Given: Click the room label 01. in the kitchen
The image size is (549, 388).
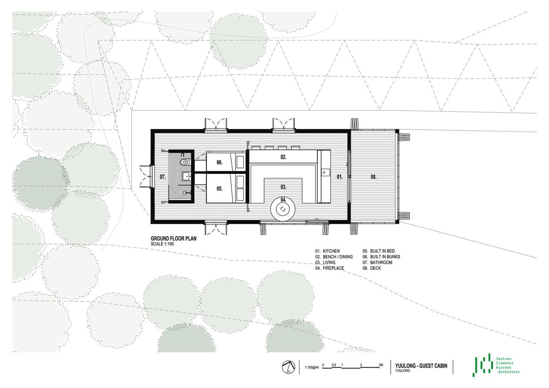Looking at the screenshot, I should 339,177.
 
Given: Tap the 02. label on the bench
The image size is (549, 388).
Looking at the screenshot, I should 283,157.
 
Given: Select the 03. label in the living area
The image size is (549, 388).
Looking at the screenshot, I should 283,186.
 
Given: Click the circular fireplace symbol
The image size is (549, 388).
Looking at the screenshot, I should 284,209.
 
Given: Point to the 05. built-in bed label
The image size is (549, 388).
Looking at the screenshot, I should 220,188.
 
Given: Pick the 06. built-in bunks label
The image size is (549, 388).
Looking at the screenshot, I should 220,163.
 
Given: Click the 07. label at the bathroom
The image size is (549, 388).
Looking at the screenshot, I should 163,177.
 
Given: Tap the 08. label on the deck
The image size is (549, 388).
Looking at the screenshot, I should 373,177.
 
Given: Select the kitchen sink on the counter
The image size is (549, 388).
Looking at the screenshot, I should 324,171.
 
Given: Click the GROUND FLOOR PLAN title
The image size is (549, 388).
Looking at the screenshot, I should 174,239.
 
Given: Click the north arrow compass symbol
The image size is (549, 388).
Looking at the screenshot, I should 287,367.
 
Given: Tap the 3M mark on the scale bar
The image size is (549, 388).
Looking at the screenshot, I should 381,364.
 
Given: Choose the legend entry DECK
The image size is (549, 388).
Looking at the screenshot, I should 375,268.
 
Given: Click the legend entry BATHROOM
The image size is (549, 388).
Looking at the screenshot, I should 381,262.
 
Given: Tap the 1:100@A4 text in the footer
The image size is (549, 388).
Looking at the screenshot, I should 311,367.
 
